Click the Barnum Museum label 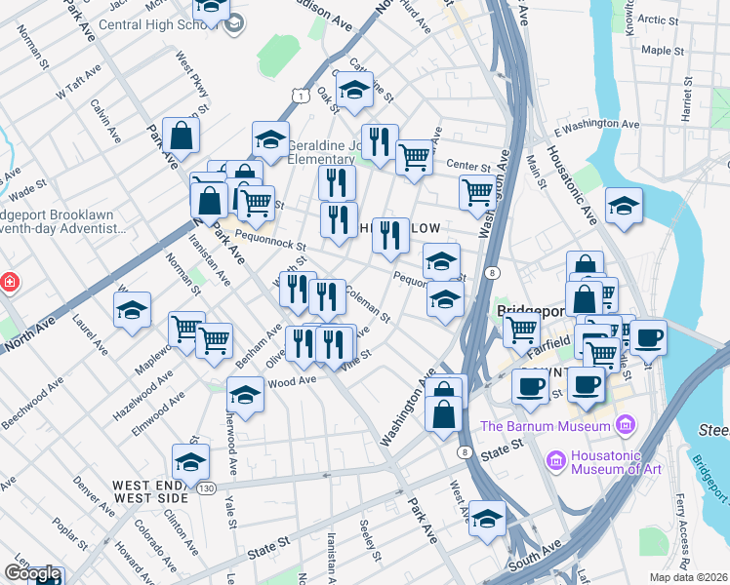click(546, 426)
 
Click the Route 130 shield click(205, 487)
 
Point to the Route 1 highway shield click(304, 96)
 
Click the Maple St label click(663, 50)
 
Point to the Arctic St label click(659, 19)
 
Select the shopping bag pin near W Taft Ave click(182, 136)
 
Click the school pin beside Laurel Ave click(133, 311)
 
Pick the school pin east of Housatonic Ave click(624, 207)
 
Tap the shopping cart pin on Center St click(415, 156)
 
